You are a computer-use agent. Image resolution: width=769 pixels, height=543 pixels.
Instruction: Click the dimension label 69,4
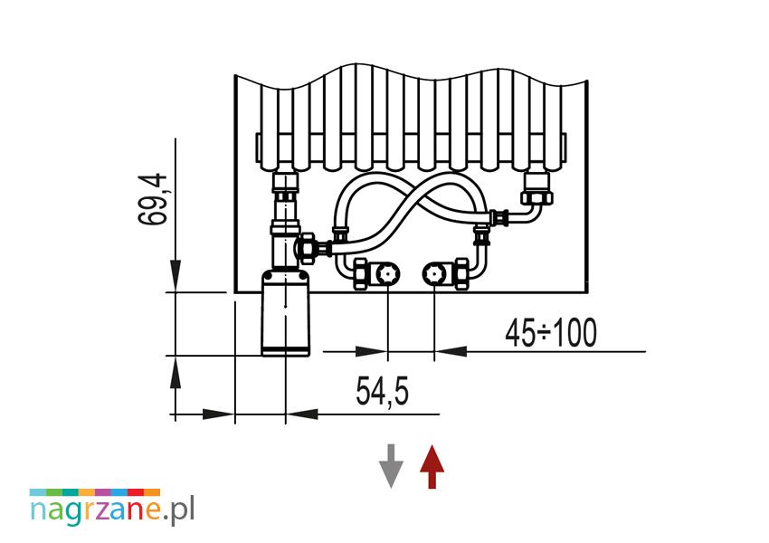[153, 199]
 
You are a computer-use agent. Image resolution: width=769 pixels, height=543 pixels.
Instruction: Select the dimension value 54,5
[382, 391]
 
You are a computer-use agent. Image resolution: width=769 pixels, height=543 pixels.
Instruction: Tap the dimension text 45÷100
[551, 332]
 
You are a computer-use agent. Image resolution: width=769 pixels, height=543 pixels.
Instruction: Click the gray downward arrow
[391, 466]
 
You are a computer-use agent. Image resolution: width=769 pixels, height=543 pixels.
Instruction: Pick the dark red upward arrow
[432, 466]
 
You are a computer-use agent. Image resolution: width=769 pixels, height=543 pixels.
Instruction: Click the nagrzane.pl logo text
[112, 510]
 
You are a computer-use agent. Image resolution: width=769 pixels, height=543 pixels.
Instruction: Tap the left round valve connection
[387, 273]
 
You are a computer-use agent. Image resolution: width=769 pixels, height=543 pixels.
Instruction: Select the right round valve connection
[434, 273]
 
